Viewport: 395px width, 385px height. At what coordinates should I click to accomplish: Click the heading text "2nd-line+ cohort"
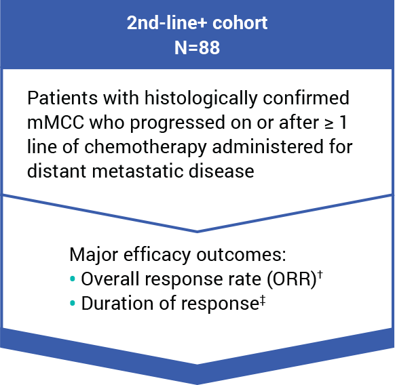(197, 22)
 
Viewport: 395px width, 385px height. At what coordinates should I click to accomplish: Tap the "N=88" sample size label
(197, 47)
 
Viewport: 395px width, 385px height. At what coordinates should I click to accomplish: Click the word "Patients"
(62, 98)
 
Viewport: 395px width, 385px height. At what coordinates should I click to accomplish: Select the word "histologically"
(201, 99)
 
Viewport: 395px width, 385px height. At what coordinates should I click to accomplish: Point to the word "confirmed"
(306, 98)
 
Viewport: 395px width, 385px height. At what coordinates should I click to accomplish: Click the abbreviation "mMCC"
(56, 123)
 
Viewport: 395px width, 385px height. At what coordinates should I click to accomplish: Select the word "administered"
(268, 146)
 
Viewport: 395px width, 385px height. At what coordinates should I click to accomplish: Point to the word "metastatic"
(138, 171)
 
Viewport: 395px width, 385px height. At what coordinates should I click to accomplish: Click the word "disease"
(221, 171)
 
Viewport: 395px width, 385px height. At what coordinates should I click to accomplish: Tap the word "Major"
(94, 256)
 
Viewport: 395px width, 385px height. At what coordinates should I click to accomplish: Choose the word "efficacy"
(157, 256)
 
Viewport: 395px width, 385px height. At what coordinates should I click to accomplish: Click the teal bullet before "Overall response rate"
(73, 279)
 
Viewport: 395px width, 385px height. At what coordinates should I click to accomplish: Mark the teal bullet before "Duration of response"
(73, 303)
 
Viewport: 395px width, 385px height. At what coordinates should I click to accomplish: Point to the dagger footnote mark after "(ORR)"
(320, 275)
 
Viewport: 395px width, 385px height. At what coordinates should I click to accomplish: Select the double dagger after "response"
(263, 300)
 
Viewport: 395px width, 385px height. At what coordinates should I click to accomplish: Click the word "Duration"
(117, 303)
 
